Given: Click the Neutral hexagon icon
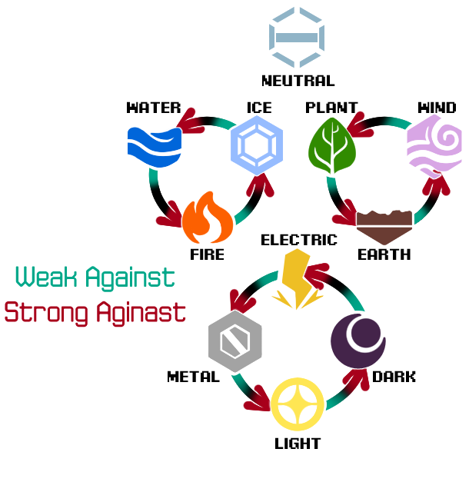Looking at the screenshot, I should coord(297,36).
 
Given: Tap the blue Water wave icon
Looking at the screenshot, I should coord(155,147).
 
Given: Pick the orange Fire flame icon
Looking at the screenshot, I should coord(208,218).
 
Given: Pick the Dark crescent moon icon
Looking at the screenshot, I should coord(358,341).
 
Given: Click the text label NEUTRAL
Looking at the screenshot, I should coord(298,80).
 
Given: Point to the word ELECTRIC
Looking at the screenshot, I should coord(298,240).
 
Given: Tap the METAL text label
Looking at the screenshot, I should coord(193,377).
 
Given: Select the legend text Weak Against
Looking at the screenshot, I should coord(95,277).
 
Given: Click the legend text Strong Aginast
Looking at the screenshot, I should coord(95,312).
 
